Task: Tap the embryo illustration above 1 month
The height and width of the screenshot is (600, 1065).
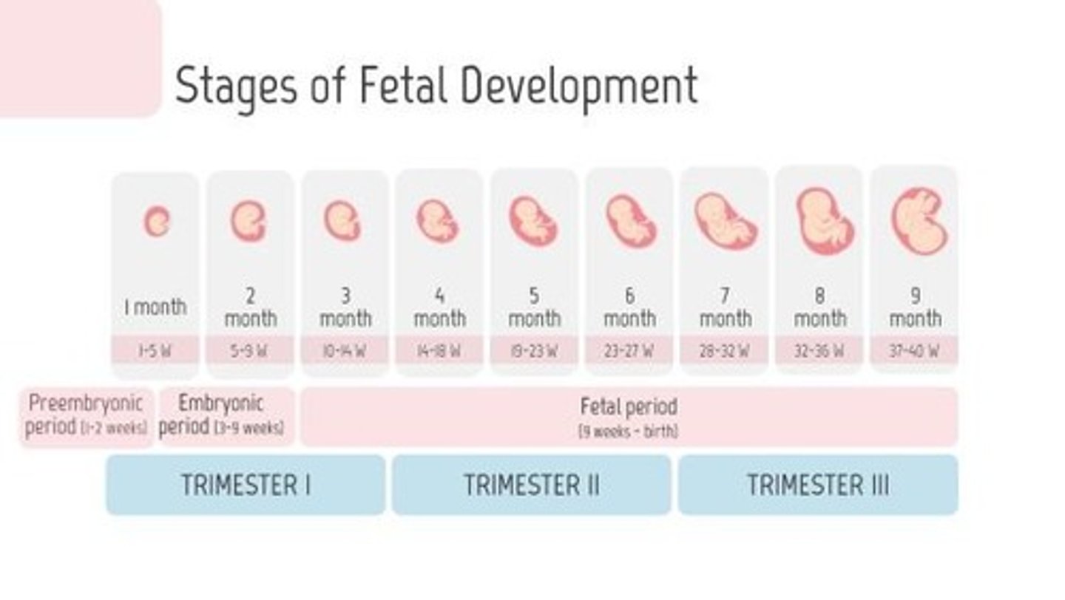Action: (156, 222)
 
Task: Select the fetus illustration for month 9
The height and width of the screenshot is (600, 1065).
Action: (919, 221)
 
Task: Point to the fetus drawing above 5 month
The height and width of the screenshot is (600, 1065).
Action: (533, 221)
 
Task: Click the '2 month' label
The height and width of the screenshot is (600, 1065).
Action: (250, 307)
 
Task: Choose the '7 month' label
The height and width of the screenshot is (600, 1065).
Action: (725, 307)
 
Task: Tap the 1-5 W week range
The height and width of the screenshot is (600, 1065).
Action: (155, 350)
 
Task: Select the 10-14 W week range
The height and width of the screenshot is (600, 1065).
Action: (345, 350)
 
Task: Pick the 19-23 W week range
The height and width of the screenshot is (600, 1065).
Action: (534, 350)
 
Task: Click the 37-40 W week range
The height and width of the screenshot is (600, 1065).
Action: (914, 350)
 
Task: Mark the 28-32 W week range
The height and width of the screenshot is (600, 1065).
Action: (724, 350)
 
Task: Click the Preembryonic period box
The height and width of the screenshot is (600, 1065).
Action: (86, 416)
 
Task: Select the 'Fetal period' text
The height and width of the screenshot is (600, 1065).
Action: (628, 406)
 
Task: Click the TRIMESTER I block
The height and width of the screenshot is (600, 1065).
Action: (246, 485)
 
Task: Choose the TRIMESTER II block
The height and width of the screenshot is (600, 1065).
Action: (531, 485)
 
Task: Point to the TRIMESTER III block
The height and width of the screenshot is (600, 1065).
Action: (818, 485)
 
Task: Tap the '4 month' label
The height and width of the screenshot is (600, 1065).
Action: (439, 307)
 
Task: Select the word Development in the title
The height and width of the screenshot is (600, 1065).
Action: (579, 86)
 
